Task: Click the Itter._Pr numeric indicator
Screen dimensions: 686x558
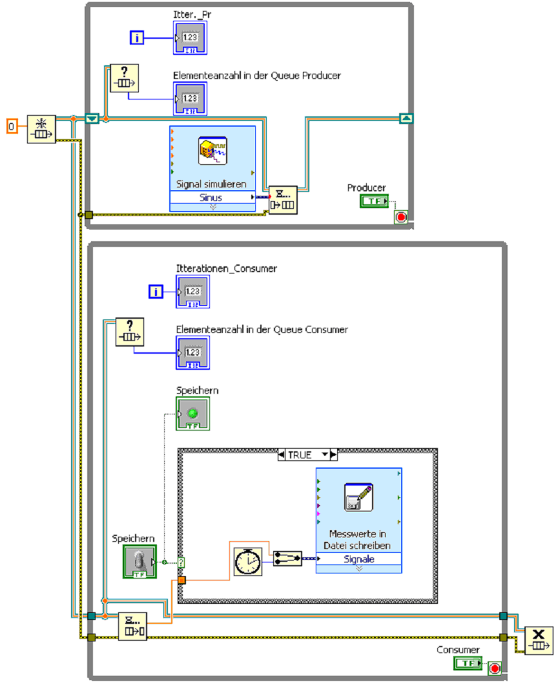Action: [x=190, y=38]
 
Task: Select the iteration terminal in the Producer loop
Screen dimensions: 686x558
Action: [x=137, y=38]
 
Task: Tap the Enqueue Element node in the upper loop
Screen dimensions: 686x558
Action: [x=284, y=199]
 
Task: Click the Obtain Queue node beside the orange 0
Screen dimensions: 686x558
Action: [x=41, y=129]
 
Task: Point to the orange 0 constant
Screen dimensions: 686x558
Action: [x=12, y=124]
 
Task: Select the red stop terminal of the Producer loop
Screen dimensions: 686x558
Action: [x=401, y=217]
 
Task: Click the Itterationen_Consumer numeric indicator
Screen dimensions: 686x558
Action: [x=192, y=292]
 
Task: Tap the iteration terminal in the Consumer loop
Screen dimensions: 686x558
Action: [x=155, y=292]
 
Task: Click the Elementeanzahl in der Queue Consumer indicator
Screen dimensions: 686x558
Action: [x=192, y=352]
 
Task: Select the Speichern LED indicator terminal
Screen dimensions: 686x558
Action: [x=192, y=414]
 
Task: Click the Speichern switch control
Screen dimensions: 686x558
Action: [x=139, y=561]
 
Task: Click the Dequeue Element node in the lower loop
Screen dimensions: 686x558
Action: [x=132, y=626]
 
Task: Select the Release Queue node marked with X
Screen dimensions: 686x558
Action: [x=539, y=640]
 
